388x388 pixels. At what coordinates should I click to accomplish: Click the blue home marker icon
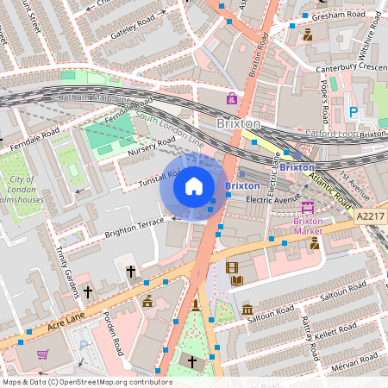[193, 186]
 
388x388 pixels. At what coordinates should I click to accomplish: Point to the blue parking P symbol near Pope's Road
[352, 111]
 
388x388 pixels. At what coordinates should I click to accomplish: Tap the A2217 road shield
[370, 216]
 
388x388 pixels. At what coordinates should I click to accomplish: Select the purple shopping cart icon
[42, 354]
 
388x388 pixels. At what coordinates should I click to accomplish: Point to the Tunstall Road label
[138, 180]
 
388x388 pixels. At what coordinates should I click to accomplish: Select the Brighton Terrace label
[134, 227]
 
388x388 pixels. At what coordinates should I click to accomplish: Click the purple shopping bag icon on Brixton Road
[231, 97]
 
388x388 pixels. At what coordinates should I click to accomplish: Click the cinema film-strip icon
[231, 267]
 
